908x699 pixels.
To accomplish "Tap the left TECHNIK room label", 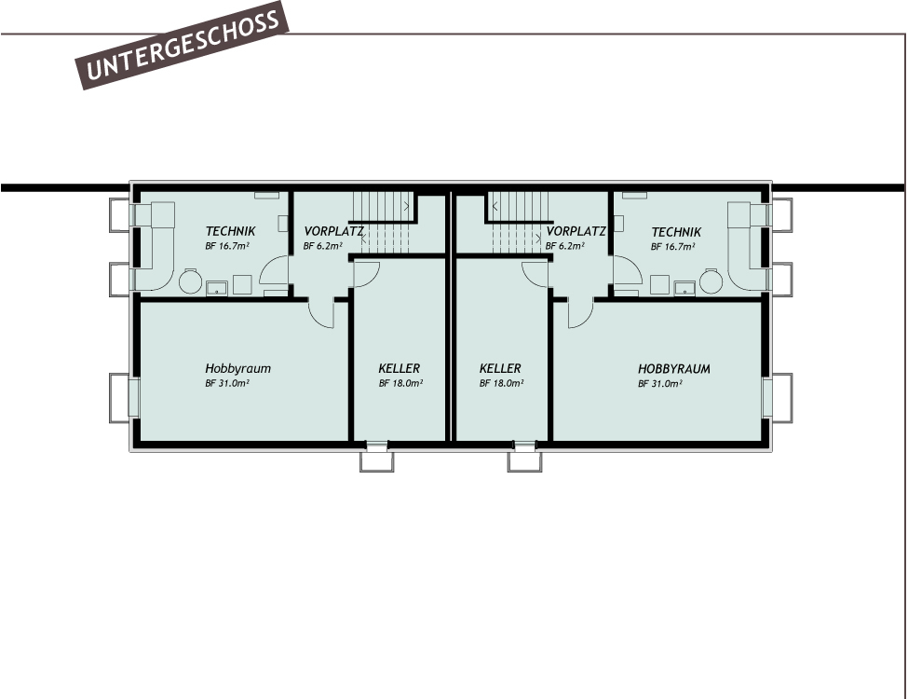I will tap(230, 231).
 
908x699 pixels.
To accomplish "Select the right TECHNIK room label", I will tap(676, 231).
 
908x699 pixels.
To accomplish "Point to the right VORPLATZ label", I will tap(576, 231).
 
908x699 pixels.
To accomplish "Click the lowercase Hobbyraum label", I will tap(238, 368).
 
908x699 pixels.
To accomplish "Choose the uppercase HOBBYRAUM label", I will tap(673, 369).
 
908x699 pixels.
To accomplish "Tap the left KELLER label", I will tap(400, 368).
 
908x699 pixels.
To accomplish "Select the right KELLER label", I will tap(500, 368).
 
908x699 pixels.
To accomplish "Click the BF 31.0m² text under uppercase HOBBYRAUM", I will tap(662, 383).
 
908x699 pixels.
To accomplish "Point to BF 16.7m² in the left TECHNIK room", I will tap(227, 247).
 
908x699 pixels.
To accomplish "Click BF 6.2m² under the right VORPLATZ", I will tap(565, 247).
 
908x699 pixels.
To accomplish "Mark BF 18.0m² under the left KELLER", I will tap(400, 383).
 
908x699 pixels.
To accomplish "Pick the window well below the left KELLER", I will tap(377, 459).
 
